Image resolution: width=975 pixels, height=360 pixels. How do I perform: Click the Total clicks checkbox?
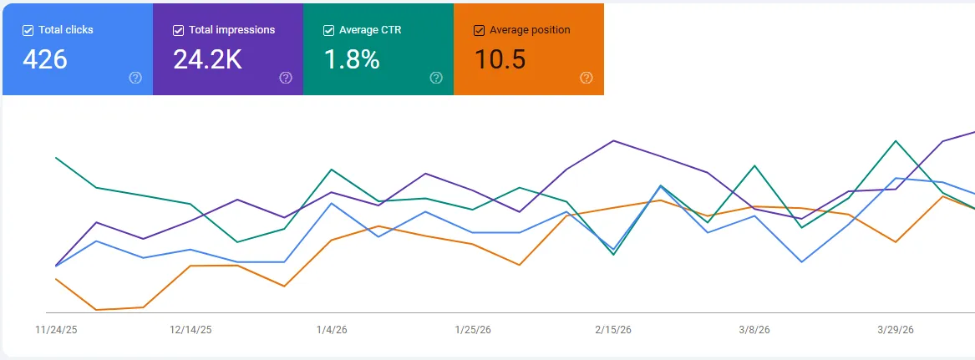coord(28,30)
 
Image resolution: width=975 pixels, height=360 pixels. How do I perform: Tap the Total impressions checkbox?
coord(178,30)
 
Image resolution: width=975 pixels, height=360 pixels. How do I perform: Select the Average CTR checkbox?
coord(328,30)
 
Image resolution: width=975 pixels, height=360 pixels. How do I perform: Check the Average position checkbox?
coord(479,30)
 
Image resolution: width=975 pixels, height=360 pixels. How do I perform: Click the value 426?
coord(45,60)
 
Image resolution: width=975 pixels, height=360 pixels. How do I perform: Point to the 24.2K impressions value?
coord(207,60)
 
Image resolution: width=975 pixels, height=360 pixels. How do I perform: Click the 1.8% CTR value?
coord(352,60)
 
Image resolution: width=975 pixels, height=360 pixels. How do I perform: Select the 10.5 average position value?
coord(500,60)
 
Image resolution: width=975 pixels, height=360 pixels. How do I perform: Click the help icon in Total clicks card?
coord(135,78)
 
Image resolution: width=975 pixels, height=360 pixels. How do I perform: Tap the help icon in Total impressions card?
coord(286,78)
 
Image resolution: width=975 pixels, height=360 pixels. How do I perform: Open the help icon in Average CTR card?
coord(436,78)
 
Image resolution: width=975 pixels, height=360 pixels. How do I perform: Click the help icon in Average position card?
coord(587,78)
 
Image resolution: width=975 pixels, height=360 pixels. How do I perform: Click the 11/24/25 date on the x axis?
coord(55,330)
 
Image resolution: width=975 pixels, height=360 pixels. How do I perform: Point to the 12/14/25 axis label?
coord(190,330)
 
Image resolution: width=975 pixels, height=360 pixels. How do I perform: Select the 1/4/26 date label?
coord(332,330)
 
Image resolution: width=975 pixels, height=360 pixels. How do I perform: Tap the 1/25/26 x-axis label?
coord(472,330)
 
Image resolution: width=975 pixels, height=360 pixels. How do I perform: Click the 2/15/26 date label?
coord(613,330)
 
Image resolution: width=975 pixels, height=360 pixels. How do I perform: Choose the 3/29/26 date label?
coord(895,330)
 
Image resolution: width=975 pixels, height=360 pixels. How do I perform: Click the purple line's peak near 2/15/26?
coord(614,140)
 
